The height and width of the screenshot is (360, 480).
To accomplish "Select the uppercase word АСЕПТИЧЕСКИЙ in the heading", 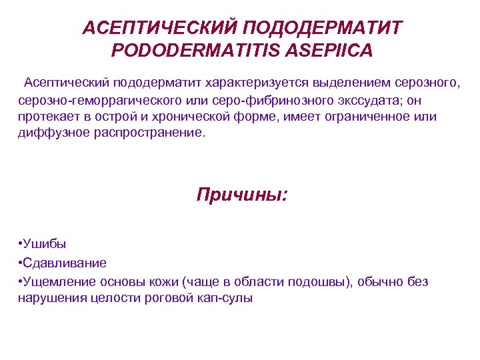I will [159, 28].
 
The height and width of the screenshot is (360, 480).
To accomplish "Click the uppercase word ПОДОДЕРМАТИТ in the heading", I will [323, 28].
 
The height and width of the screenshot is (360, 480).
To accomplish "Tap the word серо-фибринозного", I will [270, 100].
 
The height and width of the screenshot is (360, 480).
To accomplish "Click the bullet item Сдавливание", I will [65, 263].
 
